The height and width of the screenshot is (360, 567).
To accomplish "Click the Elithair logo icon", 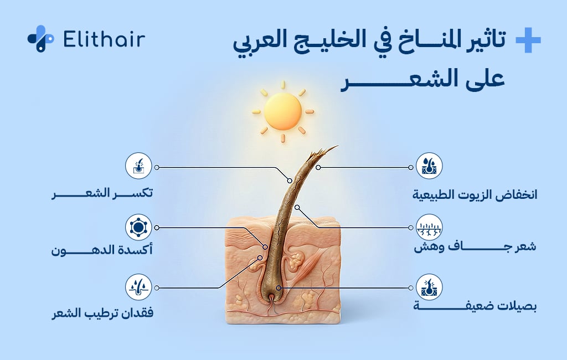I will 40,39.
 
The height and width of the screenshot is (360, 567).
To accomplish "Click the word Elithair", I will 104,39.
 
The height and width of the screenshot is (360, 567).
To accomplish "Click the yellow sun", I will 282,111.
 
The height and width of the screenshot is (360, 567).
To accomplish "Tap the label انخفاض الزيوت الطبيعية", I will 476,195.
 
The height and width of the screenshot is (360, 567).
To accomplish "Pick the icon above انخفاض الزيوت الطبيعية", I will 429,167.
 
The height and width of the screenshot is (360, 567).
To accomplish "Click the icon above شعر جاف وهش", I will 429,228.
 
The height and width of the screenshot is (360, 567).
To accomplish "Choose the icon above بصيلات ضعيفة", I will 429,288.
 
